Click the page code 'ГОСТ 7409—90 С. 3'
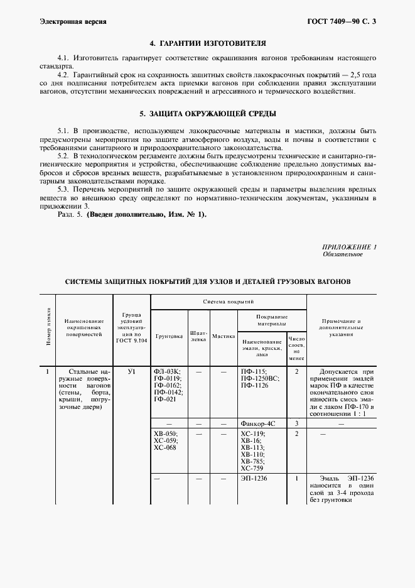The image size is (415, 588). (x=344, y=21)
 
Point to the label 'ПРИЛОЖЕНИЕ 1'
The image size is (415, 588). (x=349, y=247)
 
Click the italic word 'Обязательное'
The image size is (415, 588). (x=343, y=254)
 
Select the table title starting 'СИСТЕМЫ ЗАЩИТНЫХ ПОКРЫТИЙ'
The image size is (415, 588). (x=208, y=281)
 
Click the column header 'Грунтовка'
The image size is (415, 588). (x=168, y=336)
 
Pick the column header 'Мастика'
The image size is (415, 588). (x=223, y=336)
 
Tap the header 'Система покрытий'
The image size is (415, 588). (x=228, y=302)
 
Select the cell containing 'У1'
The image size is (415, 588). (x=131, y=372)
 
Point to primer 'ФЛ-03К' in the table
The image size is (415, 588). (x=166, y=372)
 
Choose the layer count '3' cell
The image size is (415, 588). (x=296, y=424)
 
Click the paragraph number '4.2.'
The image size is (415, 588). (x=65, y=74)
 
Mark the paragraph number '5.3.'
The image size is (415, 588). (x=65, y=188)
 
